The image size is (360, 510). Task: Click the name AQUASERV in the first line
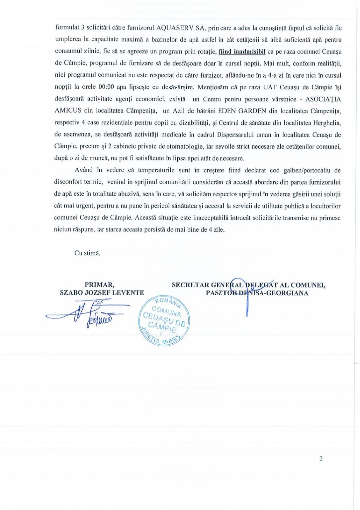pos(175,28)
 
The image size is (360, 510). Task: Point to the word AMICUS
pos(68,111)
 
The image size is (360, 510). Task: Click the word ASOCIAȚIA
pos(323,99)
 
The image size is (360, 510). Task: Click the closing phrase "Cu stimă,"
pos(87,253)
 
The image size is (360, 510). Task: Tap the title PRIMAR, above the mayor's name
pos(99,285)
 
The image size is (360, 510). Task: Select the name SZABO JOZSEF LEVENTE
pos(102,293)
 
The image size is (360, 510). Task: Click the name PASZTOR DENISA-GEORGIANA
pos(257,293)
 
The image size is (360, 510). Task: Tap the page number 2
pos(321,459)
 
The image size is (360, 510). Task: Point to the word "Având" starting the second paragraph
pos(84,170)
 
